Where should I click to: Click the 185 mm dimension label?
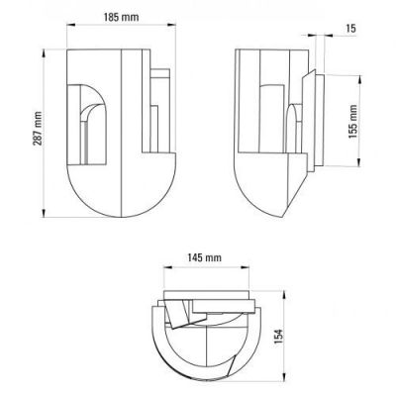(x=122, y=17)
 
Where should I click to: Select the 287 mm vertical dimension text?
(x=38, y=129)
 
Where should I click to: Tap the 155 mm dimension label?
(x=353, y=121)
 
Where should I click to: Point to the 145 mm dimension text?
(x=205, y=257)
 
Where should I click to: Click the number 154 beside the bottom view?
(x=279, y=337)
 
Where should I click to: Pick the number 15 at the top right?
(x=351, y=29)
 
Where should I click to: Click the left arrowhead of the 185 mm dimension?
(x=71, y=25)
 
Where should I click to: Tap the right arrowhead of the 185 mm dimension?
(x=171, y=25)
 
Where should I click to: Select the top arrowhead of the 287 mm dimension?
(x=44, y=53)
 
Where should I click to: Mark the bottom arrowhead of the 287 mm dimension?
(x=44, y=213)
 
